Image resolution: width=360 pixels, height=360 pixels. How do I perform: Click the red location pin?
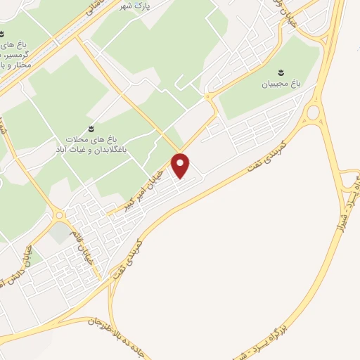click(x=181, y=165)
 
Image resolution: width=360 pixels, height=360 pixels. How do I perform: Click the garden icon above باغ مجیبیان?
click(x=281, y=72)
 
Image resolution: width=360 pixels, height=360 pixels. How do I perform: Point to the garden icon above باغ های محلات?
click(x=91, y=128)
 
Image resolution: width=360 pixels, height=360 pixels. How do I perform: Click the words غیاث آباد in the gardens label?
click(x=72, y=150)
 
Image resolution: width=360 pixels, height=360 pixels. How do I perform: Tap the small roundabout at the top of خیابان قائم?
click(x=59, y=215)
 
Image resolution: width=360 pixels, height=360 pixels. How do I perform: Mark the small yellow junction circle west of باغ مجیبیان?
click(x=209, y=97)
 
